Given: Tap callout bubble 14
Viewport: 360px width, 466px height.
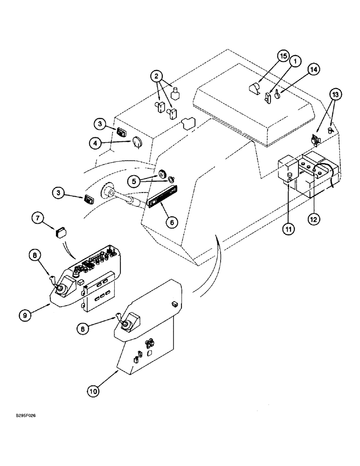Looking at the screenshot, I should point(313,69).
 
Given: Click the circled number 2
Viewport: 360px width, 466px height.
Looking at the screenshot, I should point(157,76).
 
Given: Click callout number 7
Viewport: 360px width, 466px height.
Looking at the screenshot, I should point(38,217).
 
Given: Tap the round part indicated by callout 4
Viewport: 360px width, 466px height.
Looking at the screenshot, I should point(137,142).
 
